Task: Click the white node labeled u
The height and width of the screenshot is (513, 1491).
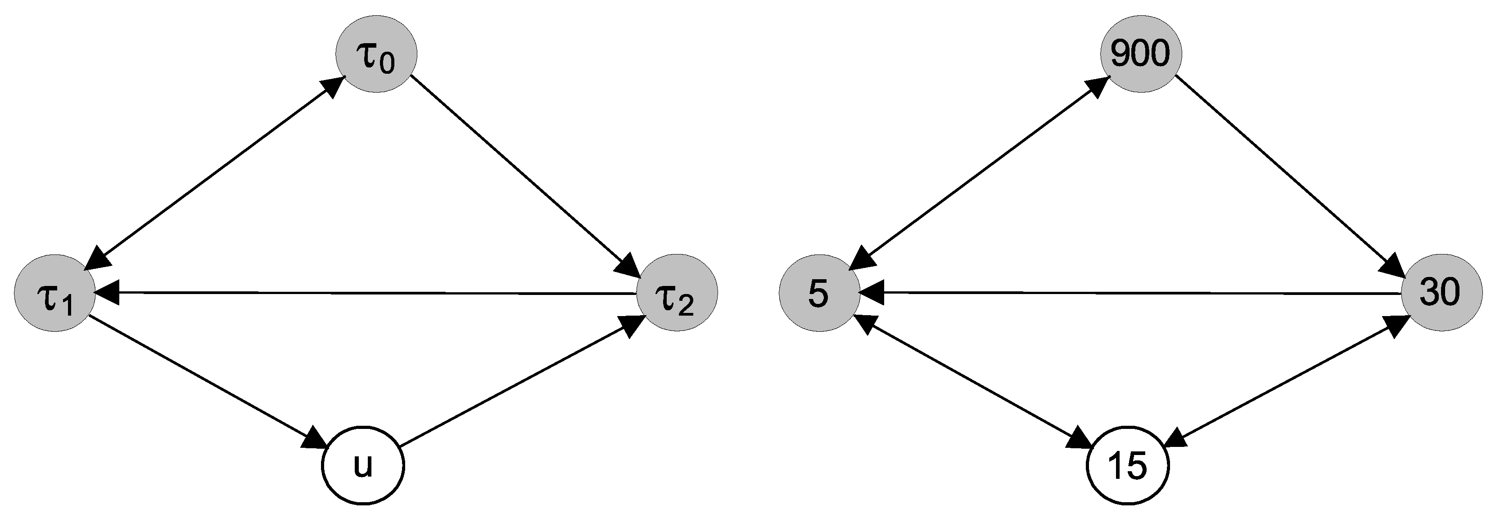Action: (x=363, y=466)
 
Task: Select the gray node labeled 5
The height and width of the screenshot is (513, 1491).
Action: (x=819, y=293)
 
